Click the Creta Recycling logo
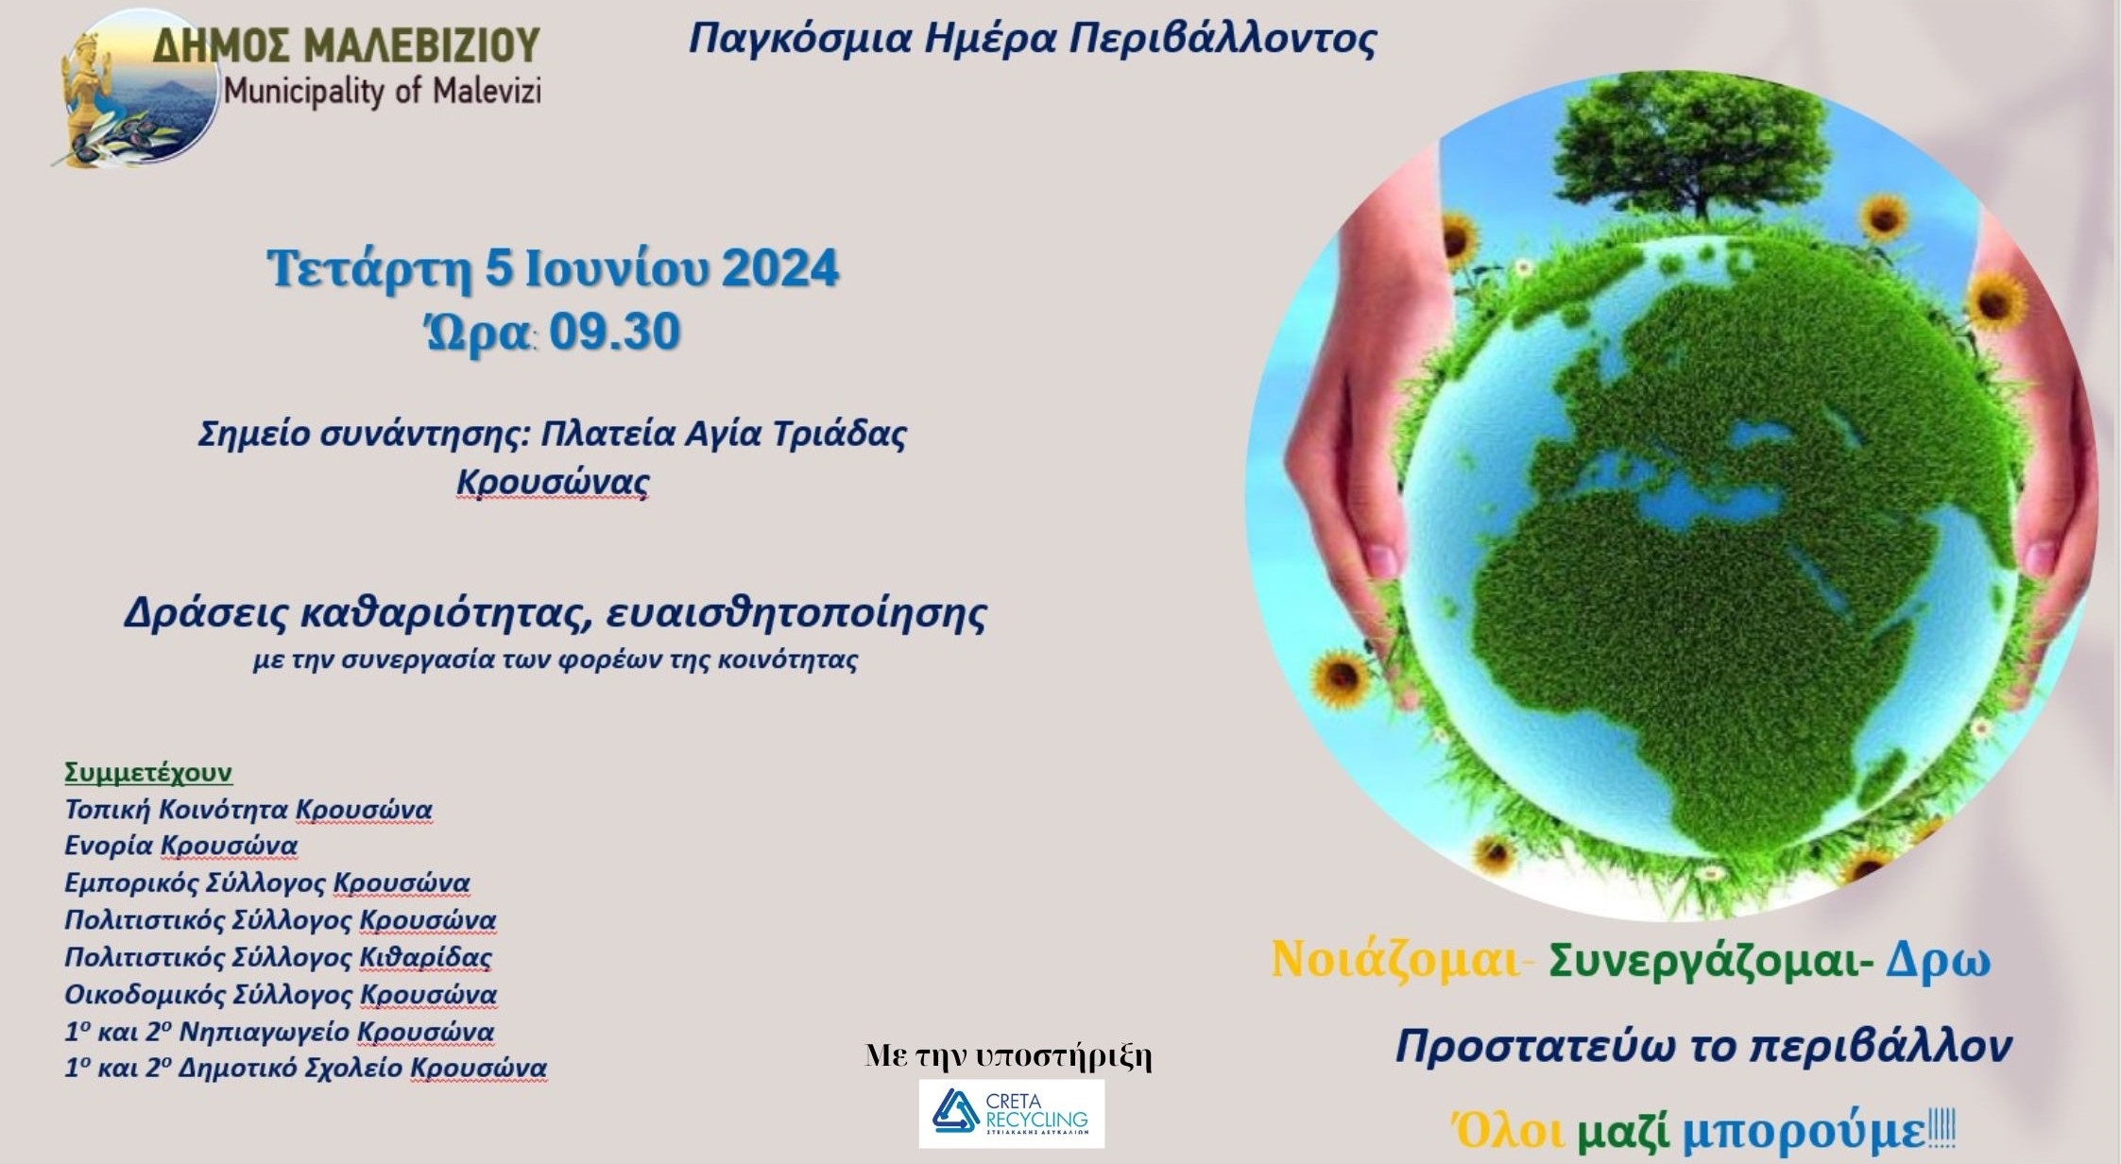click(1011, 1114)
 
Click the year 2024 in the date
click(780, 268)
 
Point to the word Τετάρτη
click(369, 269)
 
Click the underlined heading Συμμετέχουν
click(148, 773)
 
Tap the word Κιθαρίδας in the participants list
click(426, 957)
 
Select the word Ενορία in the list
click(109, 846)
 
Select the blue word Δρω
click(1939, 961)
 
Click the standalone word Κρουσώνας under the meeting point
click(554, 482)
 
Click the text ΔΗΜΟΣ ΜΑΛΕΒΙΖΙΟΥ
click(347, 44)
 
